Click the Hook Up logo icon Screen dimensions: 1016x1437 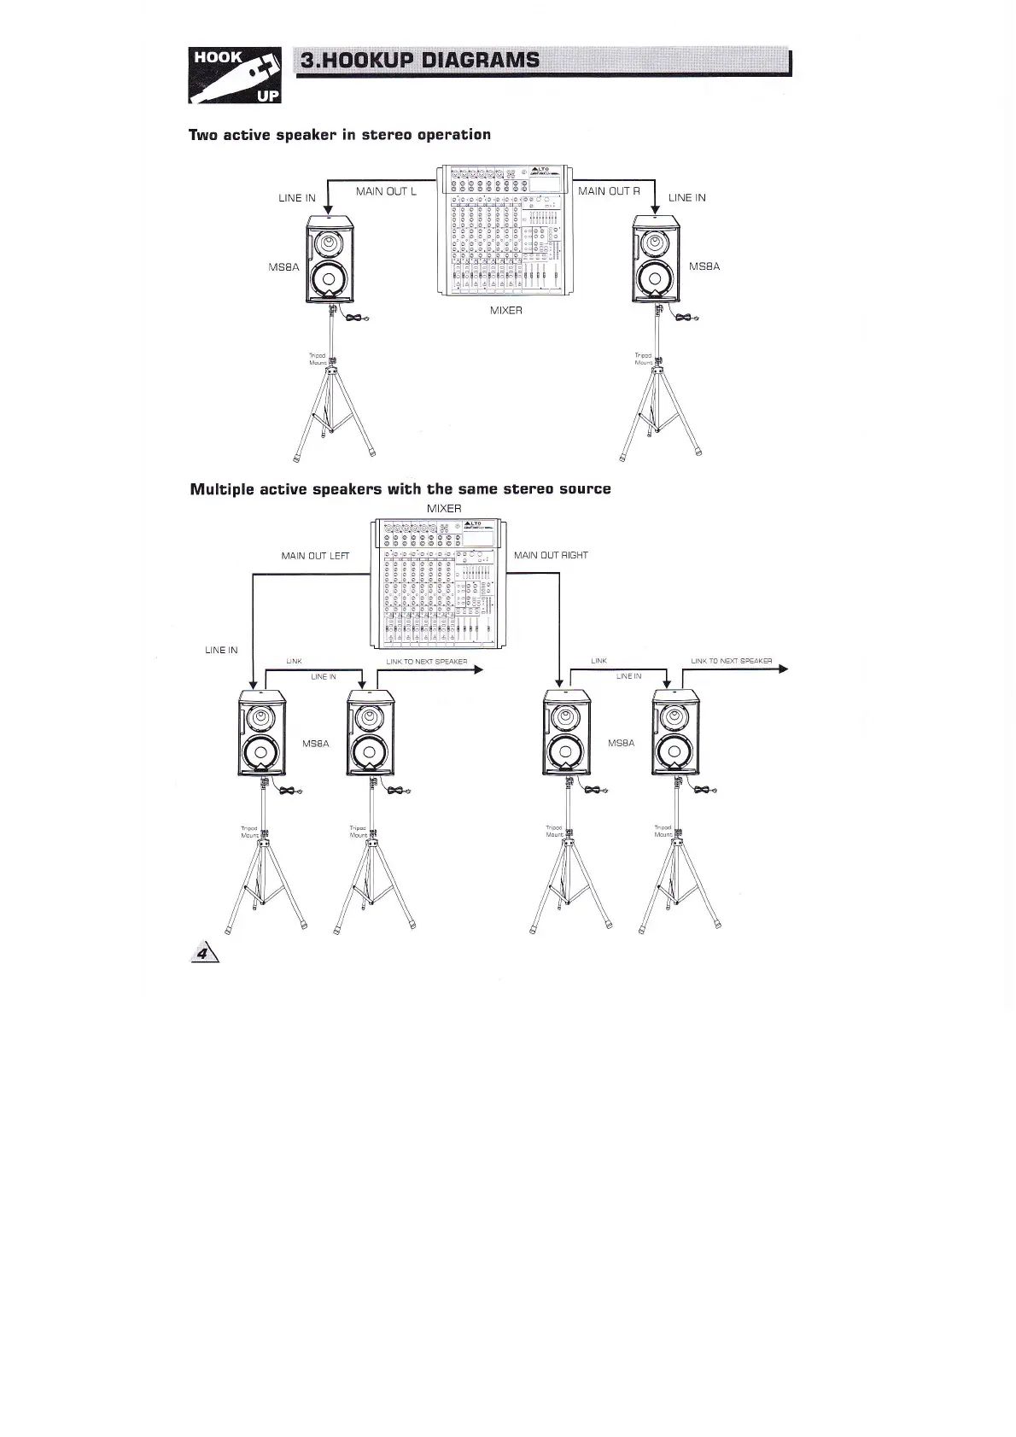point(235,75)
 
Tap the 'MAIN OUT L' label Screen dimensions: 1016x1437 point(386,191)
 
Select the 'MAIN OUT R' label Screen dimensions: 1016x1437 point(609,191)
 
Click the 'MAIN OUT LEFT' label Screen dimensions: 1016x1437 point(315,556)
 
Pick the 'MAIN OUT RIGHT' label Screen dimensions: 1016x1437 point(551,555)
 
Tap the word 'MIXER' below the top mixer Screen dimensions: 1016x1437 point(506,311)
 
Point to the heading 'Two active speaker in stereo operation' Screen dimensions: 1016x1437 point(340,135)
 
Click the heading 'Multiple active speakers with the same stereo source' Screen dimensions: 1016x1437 point(400,489)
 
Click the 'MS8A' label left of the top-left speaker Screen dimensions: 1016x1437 point(283,267)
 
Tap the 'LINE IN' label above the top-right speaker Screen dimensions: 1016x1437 point(687,198)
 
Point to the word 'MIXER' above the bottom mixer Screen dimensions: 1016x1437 point(444,509)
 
